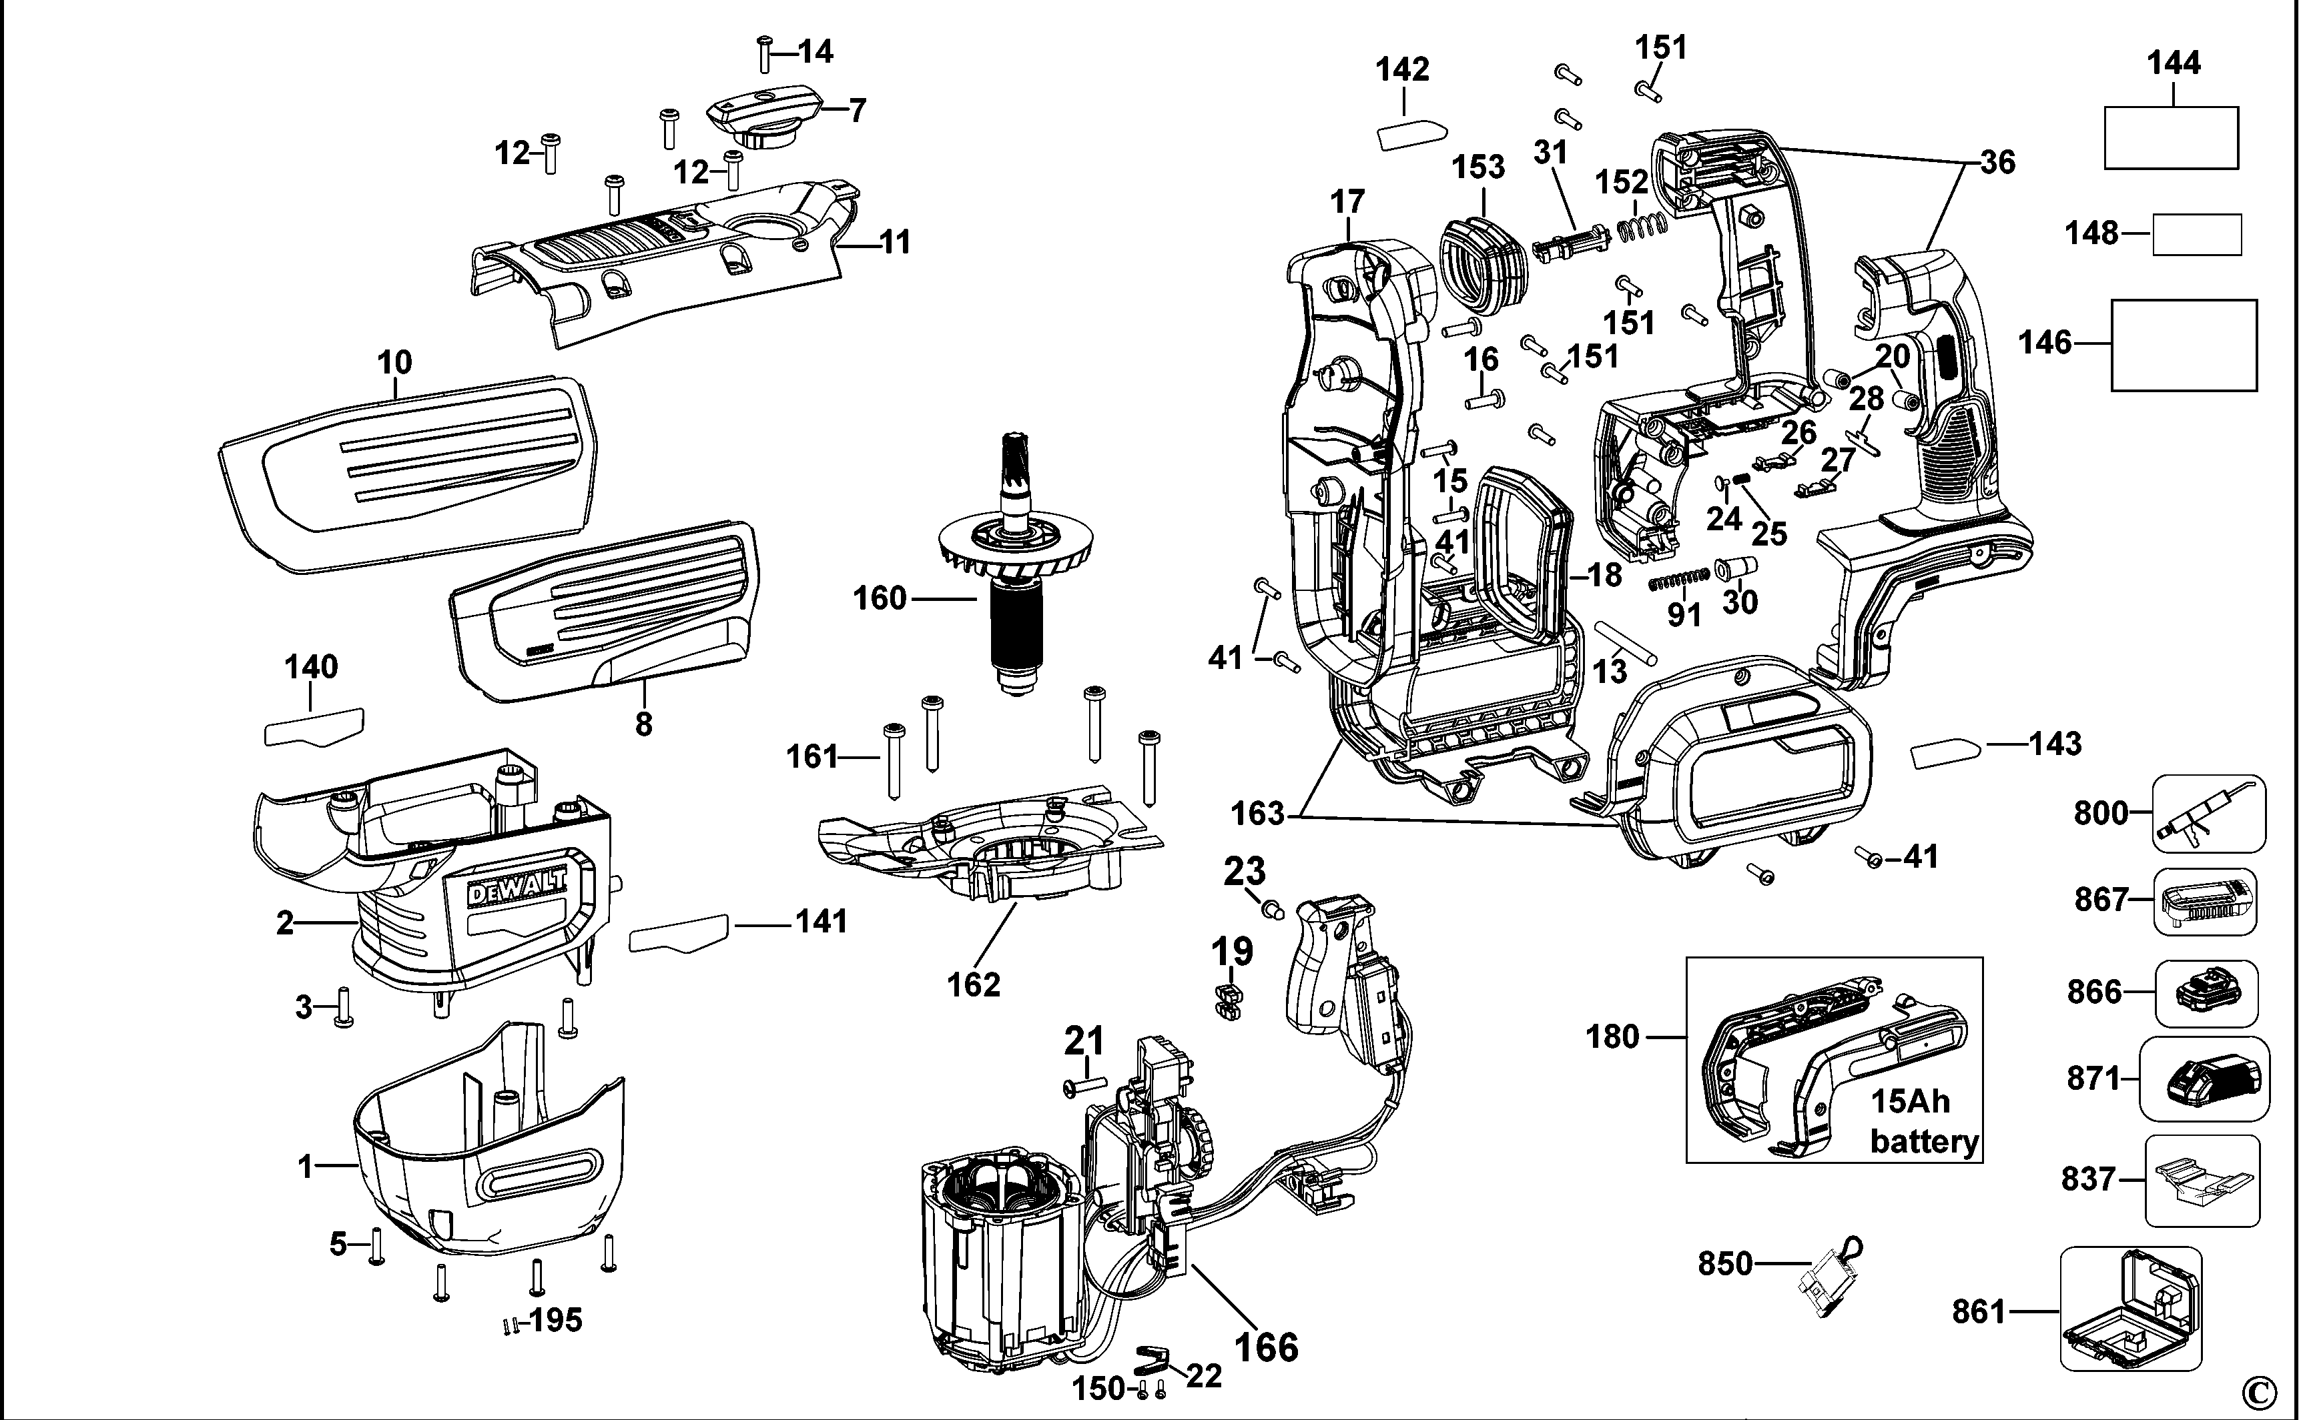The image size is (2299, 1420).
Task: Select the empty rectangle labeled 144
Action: (x=2170, y=137)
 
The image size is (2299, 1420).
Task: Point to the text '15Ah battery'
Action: (x=1923, y=1121)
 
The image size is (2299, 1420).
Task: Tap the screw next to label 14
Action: (x=764, y=55)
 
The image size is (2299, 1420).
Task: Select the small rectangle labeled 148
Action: (x=2197, y=234)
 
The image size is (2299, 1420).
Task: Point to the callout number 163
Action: (x=1257, y=812)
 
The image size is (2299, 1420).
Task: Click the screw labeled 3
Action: (x=344, y=1008)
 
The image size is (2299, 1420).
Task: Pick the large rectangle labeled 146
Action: (x=2184, y=345)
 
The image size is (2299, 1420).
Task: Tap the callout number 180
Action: (x=1612, y=1037)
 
